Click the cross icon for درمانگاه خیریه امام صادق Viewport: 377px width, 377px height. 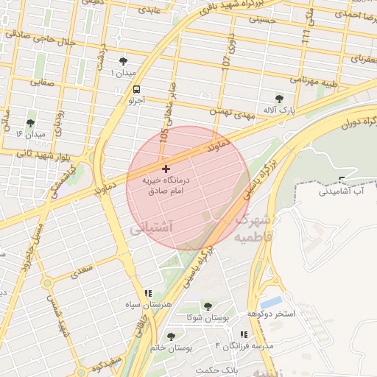166,169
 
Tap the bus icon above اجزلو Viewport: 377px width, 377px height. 136,87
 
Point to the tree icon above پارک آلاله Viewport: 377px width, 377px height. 278,99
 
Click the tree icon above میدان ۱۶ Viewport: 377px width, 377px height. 30,123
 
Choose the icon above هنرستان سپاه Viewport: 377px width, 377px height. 148,292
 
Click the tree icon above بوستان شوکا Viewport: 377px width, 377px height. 207,306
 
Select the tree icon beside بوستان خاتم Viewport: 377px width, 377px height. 172,337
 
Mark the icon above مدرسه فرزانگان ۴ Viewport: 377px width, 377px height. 244,334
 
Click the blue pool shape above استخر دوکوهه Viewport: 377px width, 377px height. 271,302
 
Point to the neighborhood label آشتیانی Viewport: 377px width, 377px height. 150,230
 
